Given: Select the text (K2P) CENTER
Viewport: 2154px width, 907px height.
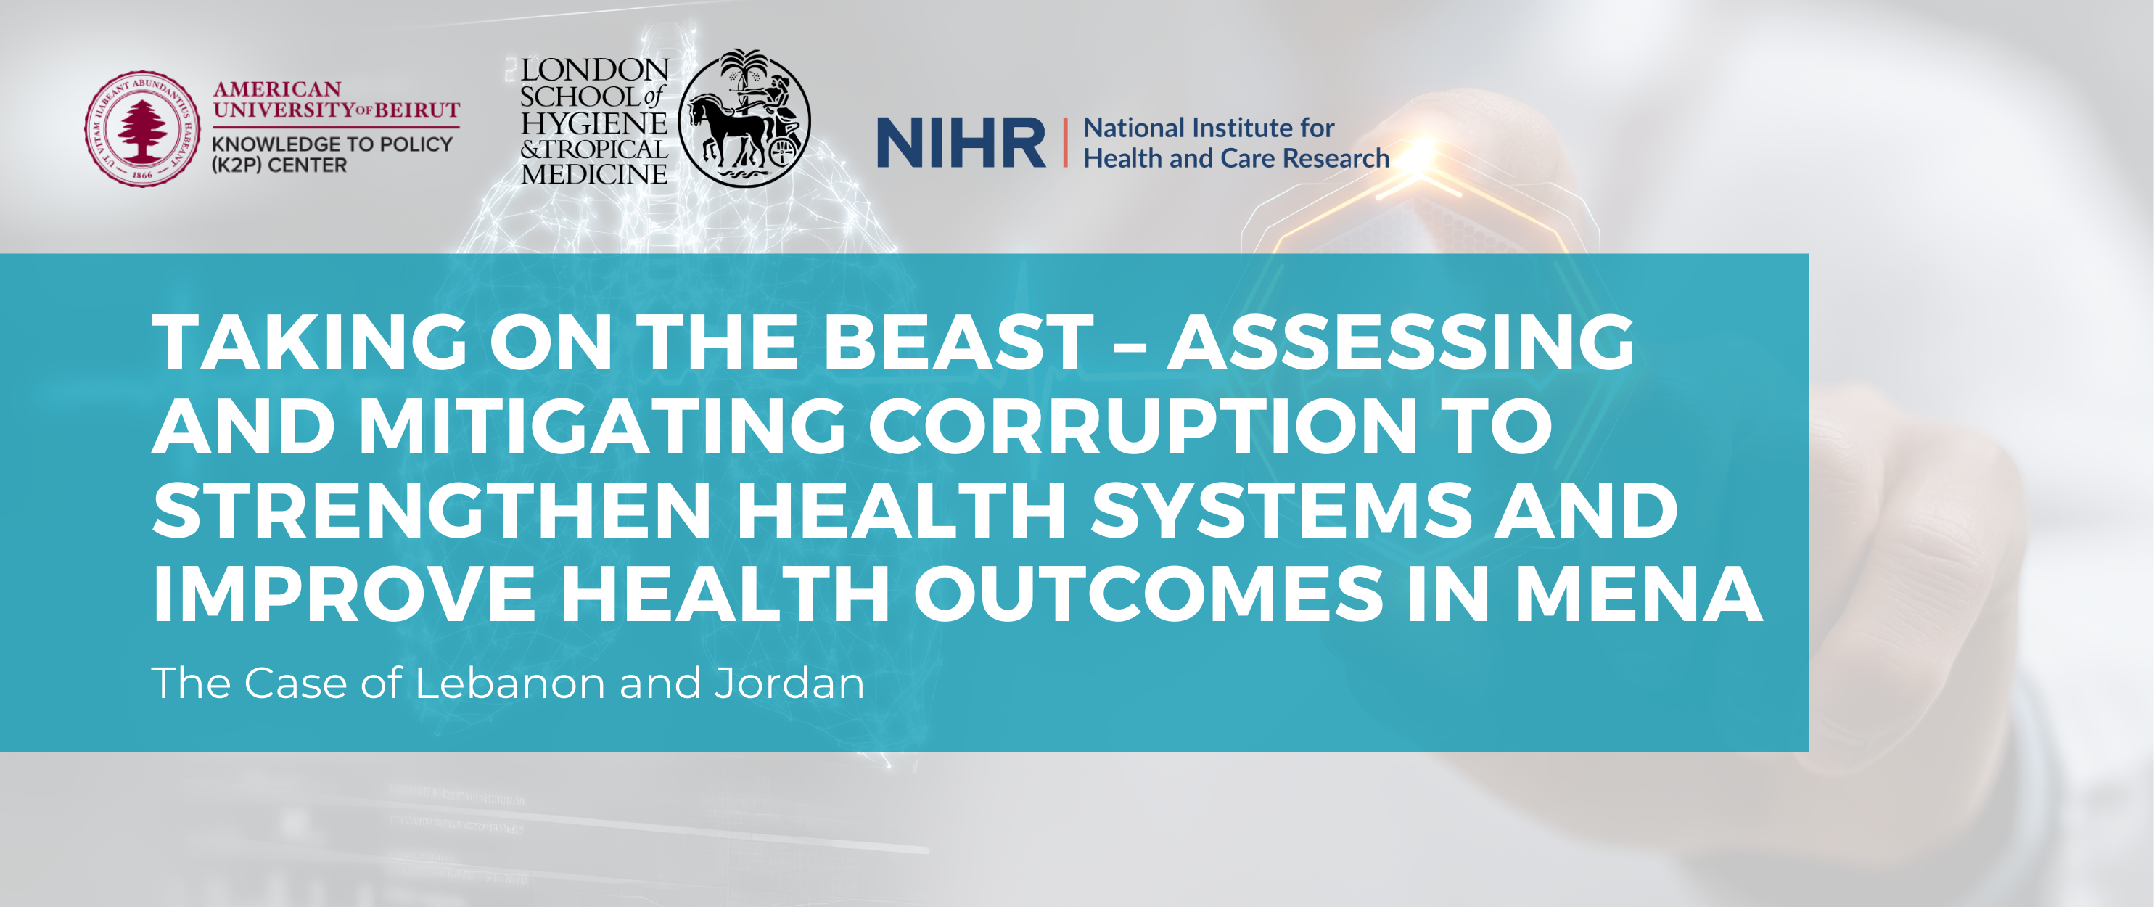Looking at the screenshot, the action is pyautogui.click(x=279, y=165).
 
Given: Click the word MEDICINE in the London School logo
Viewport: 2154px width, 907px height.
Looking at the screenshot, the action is pyautogui.click(x=593, y=175).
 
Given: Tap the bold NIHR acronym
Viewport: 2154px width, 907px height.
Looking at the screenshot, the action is pyautogui.click(x=961, y=143).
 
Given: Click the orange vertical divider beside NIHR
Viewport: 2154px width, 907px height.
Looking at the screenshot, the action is pyautogui.click(x=1065, y=143).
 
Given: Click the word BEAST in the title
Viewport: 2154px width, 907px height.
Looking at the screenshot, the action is pyautogui.click(x=958, y=342).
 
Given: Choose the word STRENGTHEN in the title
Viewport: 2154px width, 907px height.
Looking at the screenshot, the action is pyautogui.click(x=432, y=510).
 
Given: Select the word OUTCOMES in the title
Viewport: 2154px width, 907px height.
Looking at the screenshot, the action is pyautogui.click(x=1148, y=594).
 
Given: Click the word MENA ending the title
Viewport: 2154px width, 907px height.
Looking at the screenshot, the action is pyautogui.click(x=1639, y=594).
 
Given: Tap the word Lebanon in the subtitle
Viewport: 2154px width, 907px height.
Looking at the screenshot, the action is pyautogui.click(x=511, y=683).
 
